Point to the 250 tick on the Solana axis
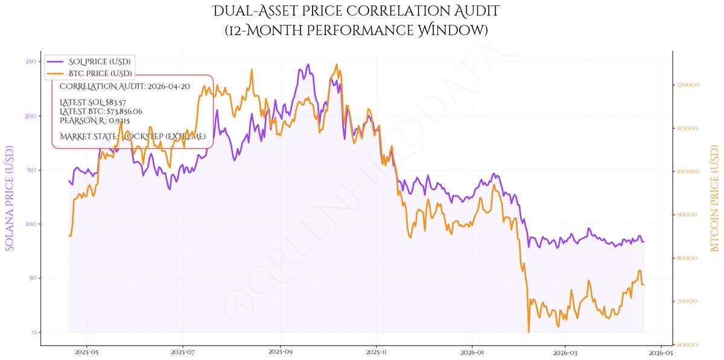click(28, 62)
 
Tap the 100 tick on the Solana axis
click(28, 224)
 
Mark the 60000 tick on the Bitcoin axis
click(687, 344)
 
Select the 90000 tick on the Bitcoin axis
click(687, 215)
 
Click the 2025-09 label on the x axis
click(279, 351)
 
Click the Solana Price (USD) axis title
click(10, 198)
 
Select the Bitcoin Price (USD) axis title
click(716, 198)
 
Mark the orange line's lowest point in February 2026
click(529, 332)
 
